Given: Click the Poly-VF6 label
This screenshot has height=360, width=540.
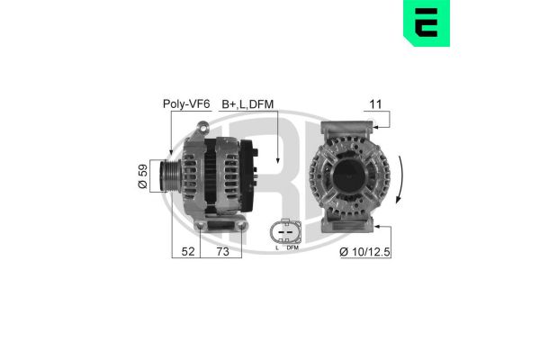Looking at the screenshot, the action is point(186,104).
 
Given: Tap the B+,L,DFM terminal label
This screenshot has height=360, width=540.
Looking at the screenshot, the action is point(247,104).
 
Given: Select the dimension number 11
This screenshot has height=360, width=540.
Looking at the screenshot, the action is point(375,104).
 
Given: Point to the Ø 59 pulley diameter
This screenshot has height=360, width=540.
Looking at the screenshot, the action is point(142,176).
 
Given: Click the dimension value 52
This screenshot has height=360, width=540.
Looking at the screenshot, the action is point(188,251).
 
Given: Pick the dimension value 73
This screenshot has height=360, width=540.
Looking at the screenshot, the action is point(222,251).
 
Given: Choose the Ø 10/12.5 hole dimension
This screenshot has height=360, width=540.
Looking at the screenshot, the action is point(364,252).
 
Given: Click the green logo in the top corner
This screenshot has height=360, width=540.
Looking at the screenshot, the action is point(427,23).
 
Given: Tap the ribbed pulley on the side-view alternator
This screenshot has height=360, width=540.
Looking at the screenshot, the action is point(169,176).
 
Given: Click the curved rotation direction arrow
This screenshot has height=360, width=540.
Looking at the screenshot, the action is point(400,179).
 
